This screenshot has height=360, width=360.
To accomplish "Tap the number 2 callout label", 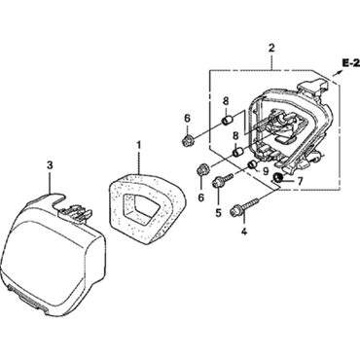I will [271, 47].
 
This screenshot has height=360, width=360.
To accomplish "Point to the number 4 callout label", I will [244, 232].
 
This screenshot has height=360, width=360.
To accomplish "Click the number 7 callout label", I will [298, 181].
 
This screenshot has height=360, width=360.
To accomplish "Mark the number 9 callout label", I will [265, 171].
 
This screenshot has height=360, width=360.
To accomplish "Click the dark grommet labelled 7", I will [279, 179].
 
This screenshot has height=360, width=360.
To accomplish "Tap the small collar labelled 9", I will [251, 164].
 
